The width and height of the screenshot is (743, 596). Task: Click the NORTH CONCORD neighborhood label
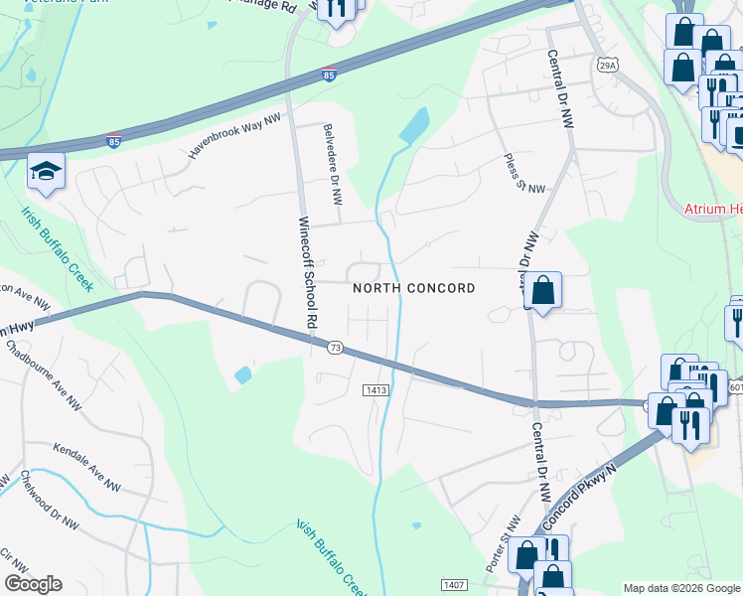[x=414, y=288]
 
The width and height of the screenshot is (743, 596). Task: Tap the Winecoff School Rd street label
[x=307, y=273]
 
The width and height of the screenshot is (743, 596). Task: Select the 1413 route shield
[x=374, y=390]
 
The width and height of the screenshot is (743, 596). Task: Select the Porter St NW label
[x=512, y=536]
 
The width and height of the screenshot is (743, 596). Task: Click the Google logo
[x=33, y=584]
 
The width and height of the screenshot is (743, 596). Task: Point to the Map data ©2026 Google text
[x=680, y=588]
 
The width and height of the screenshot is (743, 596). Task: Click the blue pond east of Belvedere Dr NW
[x=414, y=125]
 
